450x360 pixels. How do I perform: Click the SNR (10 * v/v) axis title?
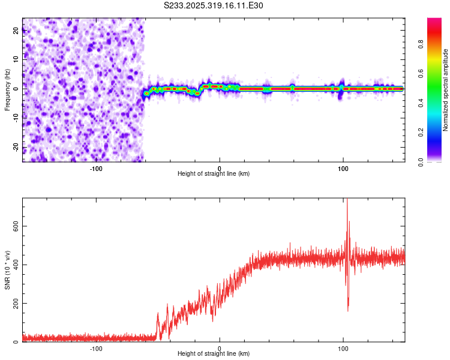(7, 270)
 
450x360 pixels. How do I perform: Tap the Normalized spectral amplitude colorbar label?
(445, 90)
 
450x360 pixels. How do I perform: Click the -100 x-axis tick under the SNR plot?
(96, 348)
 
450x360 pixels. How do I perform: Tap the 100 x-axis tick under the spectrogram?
(343, 169)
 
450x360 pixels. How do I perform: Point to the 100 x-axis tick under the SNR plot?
(343, 348)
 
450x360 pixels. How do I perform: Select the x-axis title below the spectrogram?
(214, 175)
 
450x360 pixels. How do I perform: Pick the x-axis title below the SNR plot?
(214, 354)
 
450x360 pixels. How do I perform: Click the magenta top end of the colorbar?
(434, 20)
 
